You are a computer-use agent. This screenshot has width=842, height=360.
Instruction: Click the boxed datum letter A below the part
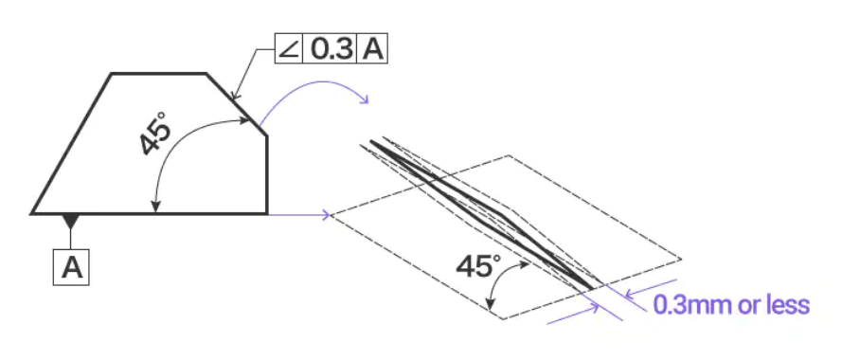pos(72,268)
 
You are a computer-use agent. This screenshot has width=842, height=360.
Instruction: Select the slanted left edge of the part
pos(71,143)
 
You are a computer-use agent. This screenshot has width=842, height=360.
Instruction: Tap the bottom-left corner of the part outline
pos(32,214)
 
